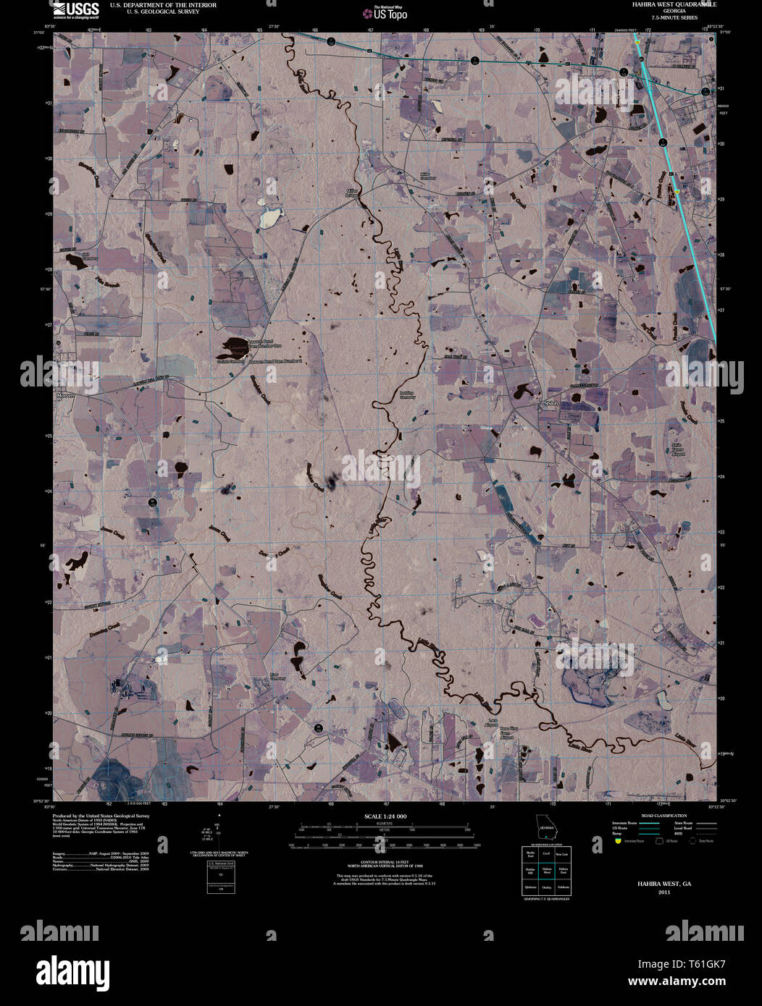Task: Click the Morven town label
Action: [x=65, y=397]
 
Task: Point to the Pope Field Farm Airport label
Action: [x=505, y=734]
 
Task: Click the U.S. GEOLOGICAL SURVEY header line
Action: [x=154, y=12]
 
